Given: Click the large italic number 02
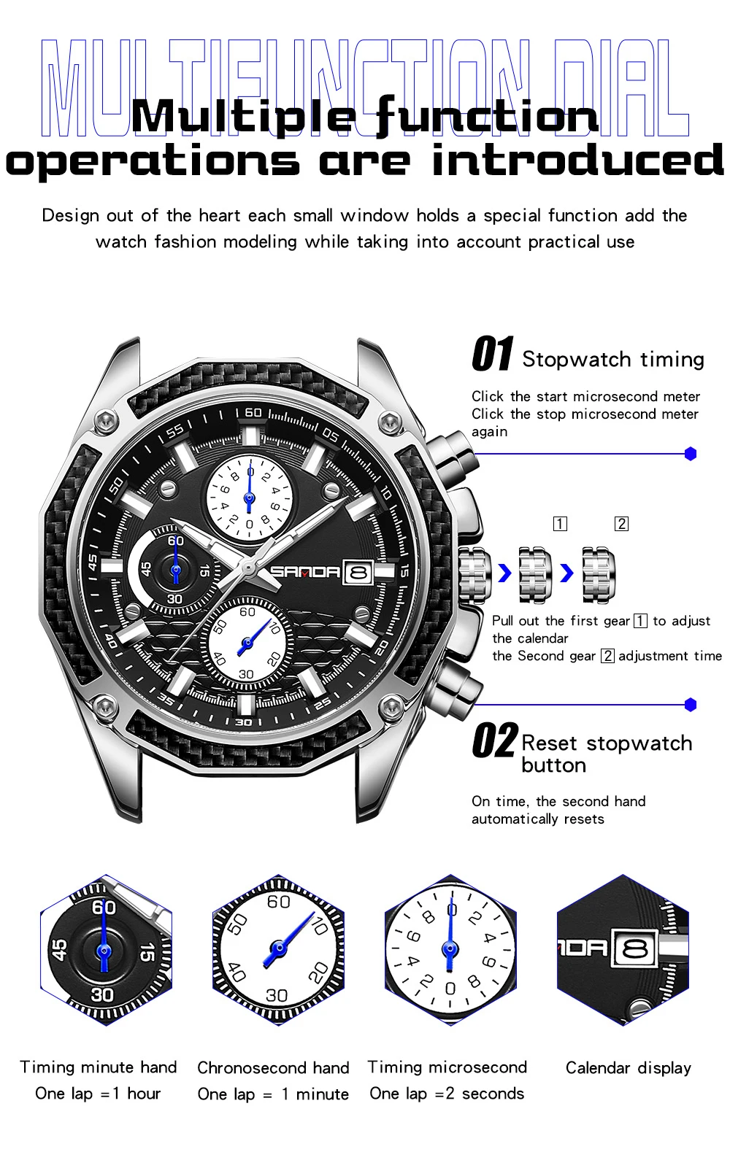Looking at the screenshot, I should click(x=494, y=741).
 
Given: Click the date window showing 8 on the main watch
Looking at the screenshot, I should click(x=358, y=573).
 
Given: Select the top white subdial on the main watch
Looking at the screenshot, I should click(x=249, y=496).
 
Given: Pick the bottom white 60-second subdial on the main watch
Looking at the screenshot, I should click(x=247, y=643).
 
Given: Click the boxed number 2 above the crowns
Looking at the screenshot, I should click(x=621, y=524).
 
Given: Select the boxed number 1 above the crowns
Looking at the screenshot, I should click(x=560, y=524).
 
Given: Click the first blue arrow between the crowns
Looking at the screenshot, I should click(x=504, y=573).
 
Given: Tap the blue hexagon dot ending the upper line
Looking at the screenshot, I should click(x=691, y=454).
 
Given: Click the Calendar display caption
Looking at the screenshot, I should click(x=628, y=1068).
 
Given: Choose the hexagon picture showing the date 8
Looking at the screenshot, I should click(x=623, y=950).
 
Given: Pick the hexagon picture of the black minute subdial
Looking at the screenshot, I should click(x=105, y=950).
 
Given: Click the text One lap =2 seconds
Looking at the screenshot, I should click(x=447, y=1094).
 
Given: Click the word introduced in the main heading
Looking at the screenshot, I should click(x=576, y=161).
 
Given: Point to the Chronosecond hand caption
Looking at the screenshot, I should click(x=273, y=1068).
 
